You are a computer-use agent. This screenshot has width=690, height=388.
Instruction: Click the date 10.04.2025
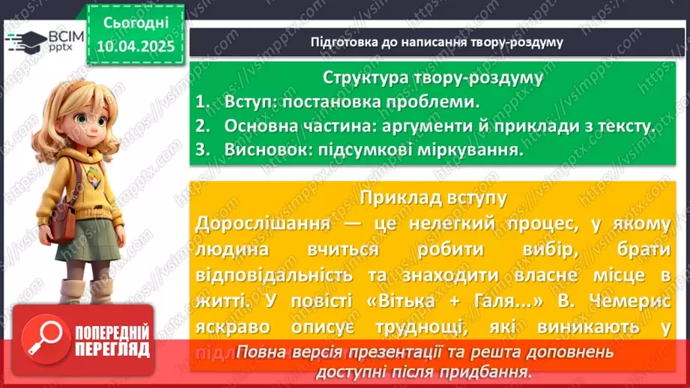[x=135, y=46]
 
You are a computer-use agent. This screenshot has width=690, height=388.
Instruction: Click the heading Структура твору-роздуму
[x=434, y=77]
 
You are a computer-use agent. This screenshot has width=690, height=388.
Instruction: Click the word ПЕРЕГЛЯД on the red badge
[x=112, y=349]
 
